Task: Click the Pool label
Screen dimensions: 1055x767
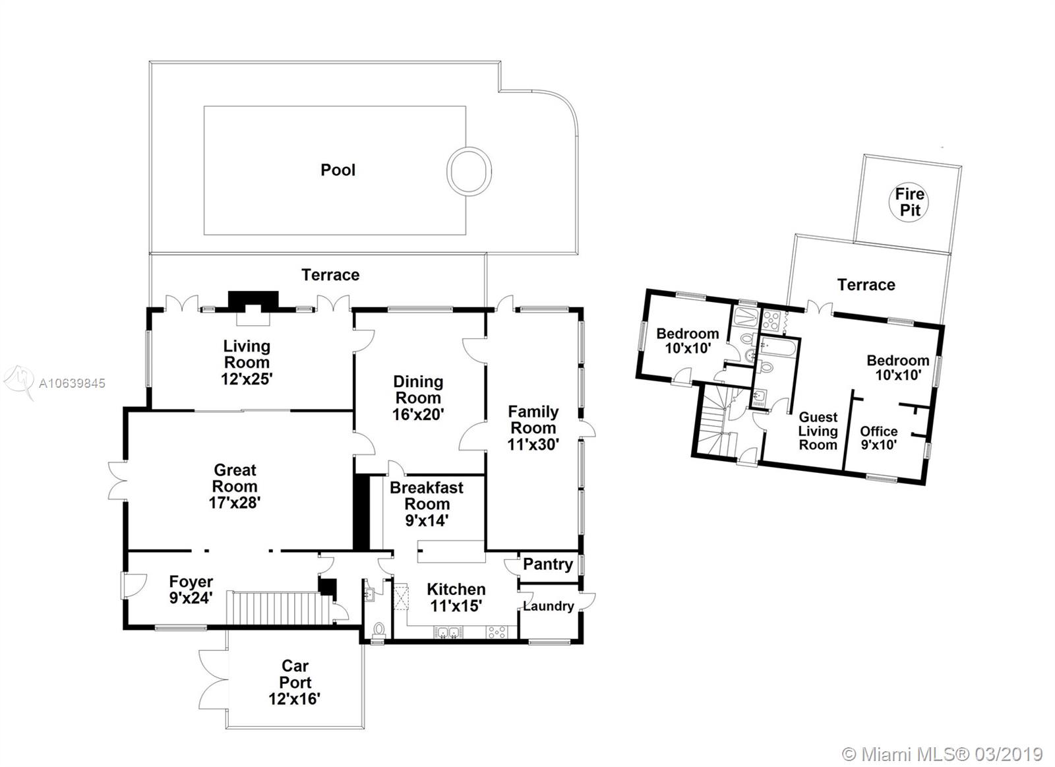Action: click(338, 170)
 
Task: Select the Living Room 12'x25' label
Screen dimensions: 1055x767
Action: click(247, 362)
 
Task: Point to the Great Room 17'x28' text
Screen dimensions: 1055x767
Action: click(235, 486)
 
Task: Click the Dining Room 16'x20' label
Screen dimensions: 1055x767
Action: click(418, 398)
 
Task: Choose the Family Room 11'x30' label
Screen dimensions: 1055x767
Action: click(533, 428)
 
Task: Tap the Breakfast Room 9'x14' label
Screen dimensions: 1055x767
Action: click(427, 504)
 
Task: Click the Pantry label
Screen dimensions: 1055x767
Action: click(548, 564)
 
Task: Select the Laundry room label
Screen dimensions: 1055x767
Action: click(548, 606)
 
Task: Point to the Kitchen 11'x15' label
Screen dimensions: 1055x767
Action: click(456, 598)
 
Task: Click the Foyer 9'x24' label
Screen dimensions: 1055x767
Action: click(191, 590)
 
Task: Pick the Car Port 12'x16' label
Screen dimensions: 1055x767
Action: click(295, 682)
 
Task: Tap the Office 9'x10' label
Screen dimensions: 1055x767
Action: click(878, 438)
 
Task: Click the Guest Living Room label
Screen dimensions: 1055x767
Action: click(818, 431)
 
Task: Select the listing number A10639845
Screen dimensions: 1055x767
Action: click(72, 384)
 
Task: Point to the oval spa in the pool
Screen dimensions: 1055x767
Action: click(469, 171)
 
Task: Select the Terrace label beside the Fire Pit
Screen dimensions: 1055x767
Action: click(866, 284)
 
